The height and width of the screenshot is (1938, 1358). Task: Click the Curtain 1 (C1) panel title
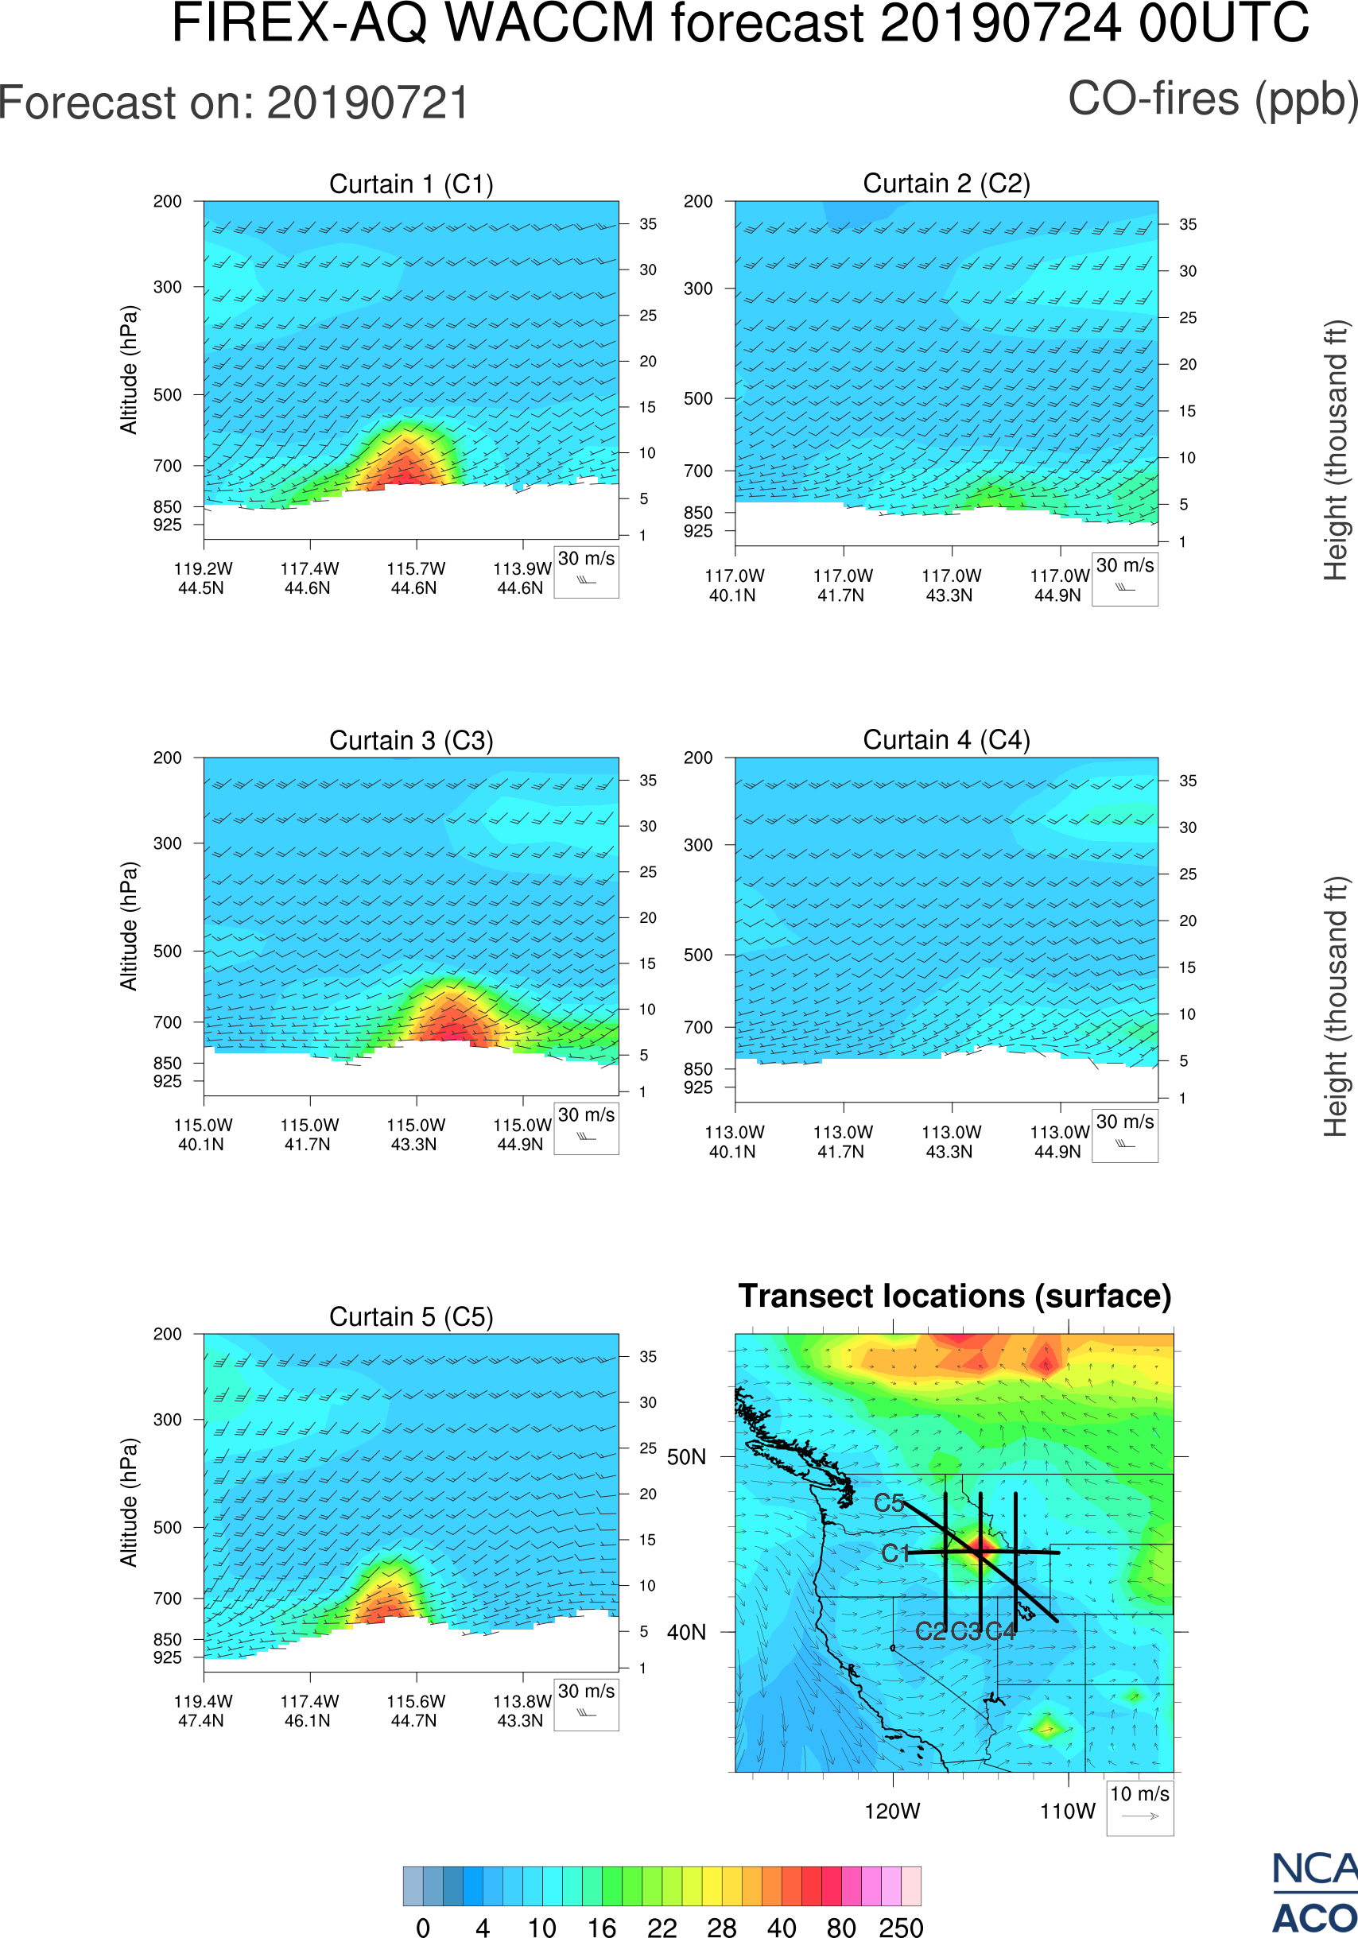[411, 184]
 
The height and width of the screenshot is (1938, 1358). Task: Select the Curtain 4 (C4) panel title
[946, 740]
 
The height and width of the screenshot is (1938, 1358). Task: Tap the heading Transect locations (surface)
[955, 1296]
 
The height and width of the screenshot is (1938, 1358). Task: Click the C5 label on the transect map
[889, 1503]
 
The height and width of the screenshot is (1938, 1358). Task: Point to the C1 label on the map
[895, 1553]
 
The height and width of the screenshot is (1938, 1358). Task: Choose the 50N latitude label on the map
[686, 1457]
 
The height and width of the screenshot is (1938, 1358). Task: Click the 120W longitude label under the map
[892, 1812]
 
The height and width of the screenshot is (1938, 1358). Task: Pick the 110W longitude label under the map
[1068, 1812]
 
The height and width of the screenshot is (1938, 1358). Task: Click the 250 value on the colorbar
[901, 1927]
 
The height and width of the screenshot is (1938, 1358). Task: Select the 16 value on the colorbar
[602, 1927]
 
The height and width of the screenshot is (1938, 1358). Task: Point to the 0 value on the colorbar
[423, 1927]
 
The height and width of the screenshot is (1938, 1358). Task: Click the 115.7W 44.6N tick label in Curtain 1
[415, 578]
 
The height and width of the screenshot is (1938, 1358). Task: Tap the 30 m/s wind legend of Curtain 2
[1124, 578]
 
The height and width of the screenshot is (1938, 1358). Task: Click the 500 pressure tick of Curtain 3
[167, 952]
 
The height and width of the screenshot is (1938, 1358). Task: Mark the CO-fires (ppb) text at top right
[1212, 99]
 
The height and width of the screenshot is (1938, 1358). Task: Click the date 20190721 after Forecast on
[368, 103]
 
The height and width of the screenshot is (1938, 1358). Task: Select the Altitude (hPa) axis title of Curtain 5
[128, 1502]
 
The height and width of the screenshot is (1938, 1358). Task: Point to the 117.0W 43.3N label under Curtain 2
[950, 585]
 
